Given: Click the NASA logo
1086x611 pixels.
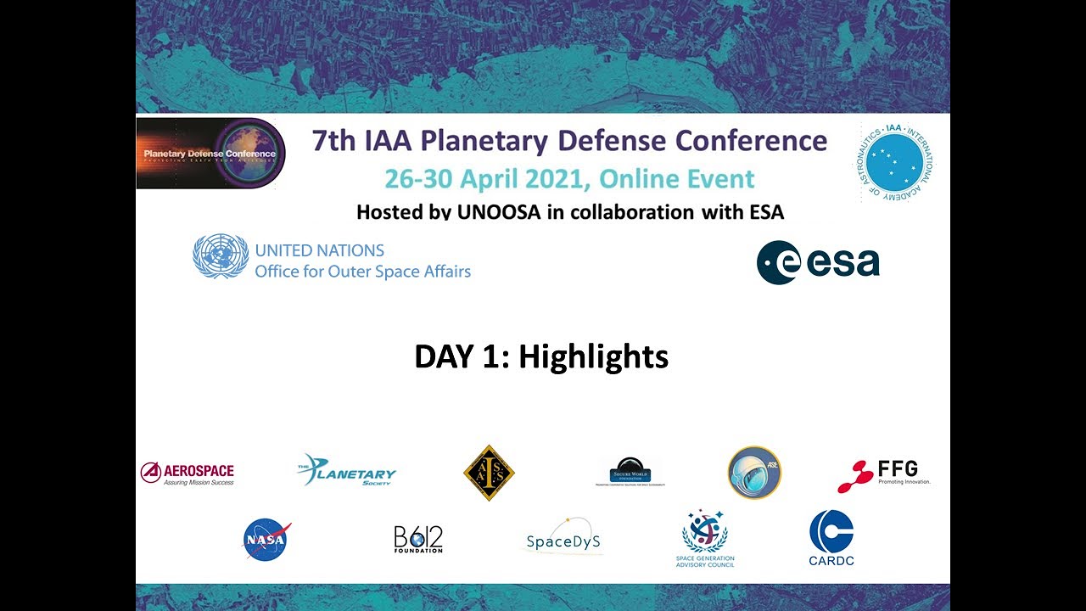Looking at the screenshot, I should click(x=267, y=540).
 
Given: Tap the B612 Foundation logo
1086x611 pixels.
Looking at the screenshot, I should click(x=418, y=540).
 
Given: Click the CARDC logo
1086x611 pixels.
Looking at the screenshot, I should click(x=831, y=538).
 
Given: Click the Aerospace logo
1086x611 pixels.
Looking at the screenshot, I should click(x=188, y=474).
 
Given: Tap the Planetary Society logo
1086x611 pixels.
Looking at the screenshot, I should click(x=347, y=471).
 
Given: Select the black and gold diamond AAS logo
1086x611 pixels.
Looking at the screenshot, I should click(x=489, y=473).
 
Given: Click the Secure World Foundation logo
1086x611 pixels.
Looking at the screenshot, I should click(x=630, y=473).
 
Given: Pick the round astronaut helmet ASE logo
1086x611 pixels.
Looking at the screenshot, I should click(x=754, y=473).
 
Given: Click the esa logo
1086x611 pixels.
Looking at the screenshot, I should click(x=818, y=263).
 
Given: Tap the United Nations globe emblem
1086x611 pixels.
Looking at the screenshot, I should click(x=221, y=256).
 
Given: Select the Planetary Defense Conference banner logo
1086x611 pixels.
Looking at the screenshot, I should click(x=210, y=154).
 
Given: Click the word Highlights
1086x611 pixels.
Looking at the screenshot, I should click(x=593, y=357).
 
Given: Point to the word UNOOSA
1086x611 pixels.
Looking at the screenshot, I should click(x=498, y=212).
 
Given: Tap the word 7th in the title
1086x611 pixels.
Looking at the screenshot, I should click(x=333, y=140).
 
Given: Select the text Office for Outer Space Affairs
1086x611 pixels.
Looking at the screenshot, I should click(x=362, y=272).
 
